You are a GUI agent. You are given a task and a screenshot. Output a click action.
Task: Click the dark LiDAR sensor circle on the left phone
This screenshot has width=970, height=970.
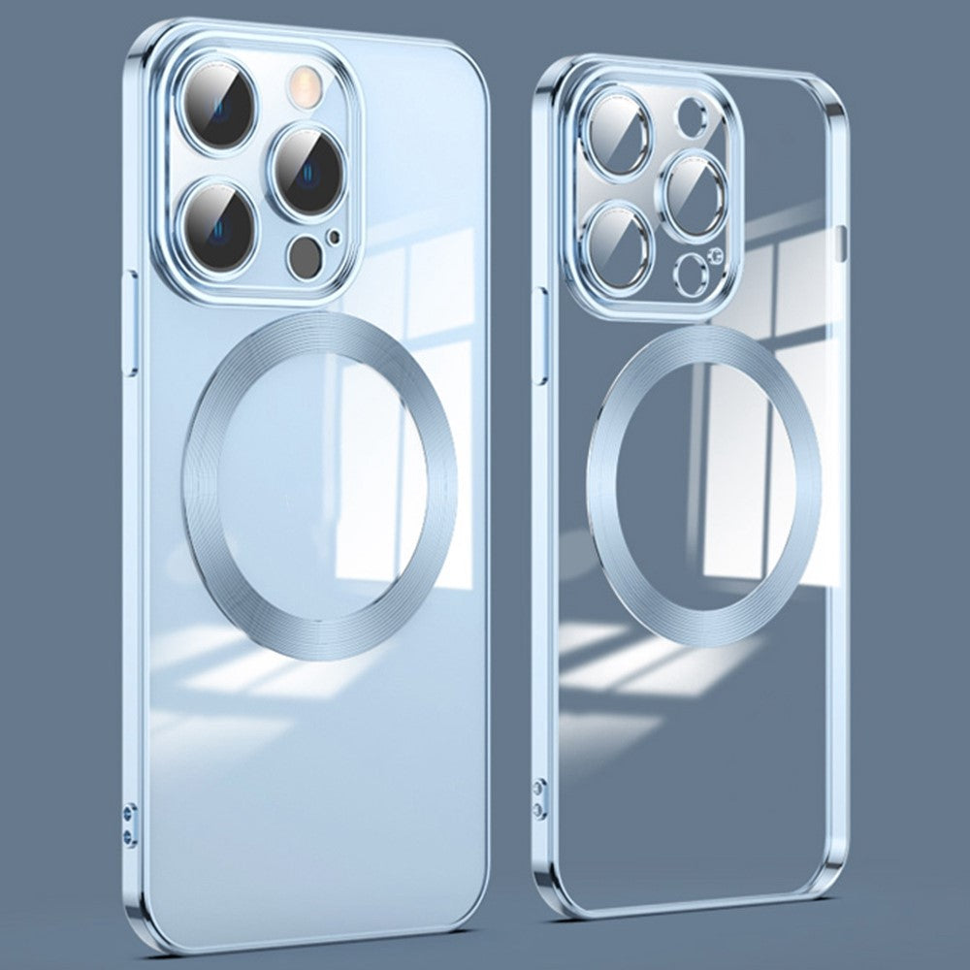pos(306,254)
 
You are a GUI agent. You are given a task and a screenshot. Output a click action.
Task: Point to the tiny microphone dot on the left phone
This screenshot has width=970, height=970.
pos(336,236)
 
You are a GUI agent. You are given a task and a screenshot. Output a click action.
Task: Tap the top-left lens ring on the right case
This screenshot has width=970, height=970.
pos(619,134)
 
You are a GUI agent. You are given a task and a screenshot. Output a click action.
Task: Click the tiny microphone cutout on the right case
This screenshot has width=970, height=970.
pos(716,255)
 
